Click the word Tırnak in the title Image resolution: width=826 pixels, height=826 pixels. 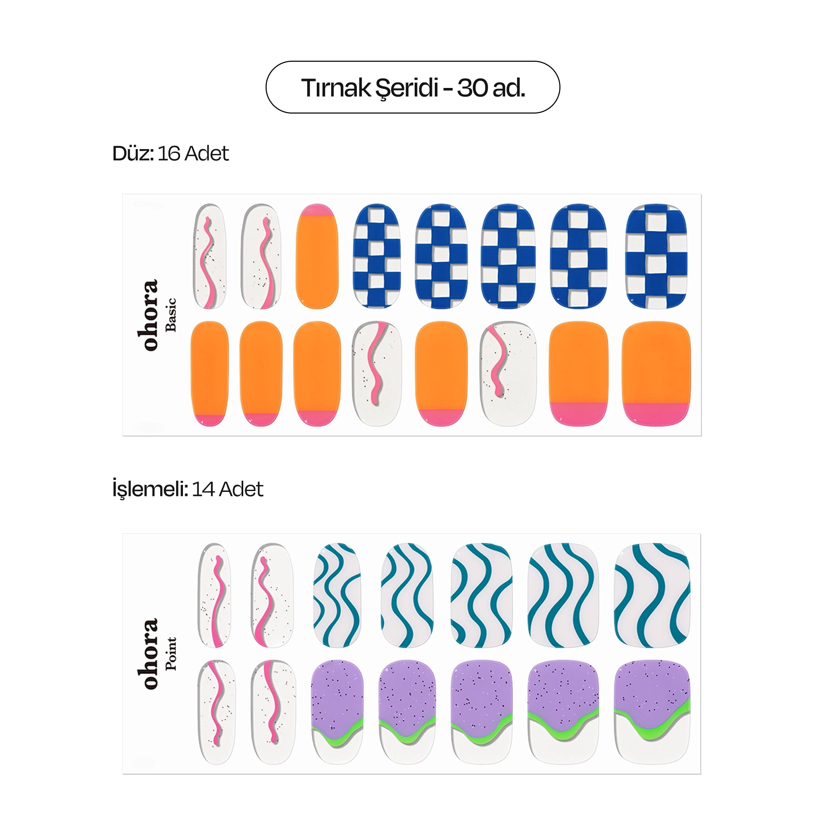coord(336,88)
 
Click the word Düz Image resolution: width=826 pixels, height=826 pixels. coord(133,153)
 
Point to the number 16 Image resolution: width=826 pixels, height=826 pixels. coord(169,154)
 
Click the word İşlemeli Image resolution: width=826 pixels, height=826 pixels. coord(150,489)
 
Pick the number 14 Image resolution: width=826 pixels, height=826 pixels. coord(203,489)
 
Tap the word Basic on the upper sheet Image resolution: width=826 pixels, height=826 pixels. coord(171,315)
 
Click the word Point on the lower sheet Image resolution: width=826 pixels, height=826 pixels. coord(171,653)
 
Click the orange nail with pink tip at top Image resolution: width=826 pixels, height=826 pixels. coord(317,256)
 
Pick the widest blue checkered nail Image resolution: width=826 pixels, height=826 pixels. coord(656,256)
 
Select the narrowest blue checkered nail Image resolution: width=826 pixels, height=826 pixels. coord(377,256)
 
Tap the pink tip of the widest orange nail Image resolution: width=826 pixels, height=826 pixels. coord(656,414)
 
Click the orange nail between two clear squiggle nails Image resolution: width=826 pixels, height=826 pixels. coord(441,374)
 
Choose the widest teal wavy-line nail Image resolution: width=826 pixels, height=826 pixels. coord(652,595)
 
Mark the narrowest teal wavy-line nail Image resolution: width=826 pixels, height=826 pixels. coord(337,595)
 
